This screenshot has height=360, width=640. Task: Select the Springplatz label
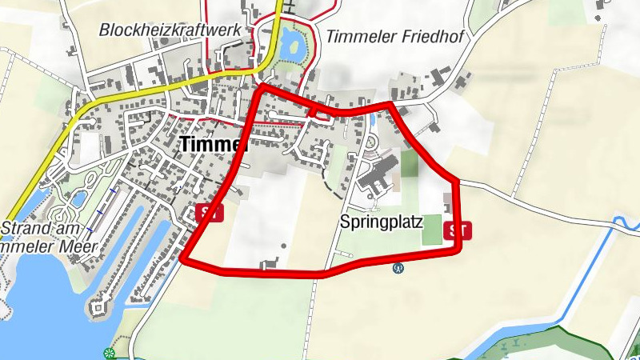coord(381,221)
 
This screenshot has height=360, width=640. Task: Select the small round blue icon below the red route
coord(398,269)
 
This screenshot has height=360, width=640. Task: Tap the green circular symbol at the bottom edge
coord(110,353)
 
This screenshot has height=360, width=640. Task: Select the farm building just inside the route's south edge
coord(270,262)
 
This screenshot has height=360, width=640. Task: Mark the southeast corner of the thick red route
coord(458,251)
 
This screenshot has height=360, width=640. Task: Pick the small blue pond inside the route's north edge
coord(372,120)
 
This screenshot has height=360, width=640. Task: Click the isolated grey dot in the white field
coord(283,246)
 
